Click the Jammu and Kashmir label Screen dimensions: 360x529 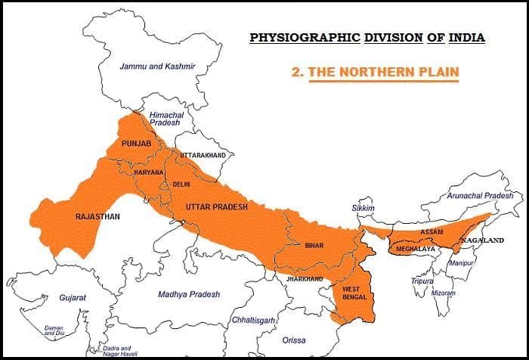tap(157, 67)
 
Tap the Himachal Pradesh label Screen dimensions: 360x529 tap(165, 117)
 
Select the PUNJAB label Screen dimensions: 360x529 tap(127, 144)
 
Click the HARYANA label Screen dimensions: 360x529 tap(149, 172)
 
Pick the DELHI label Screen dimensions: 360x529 tap(181, 184)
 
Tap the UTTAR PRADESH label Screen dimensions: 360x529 tap(216, 206)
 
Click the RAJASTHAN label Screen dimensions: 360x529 tap(97, 216)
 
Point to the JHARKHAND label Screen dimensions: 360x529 tap(305, 279)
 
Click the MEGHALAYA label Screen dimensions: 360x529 tap(416, 247)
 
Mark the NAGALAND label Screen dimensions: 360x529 tap(484, 240)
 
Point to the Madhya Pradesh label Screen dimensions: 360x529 tap(189, 294)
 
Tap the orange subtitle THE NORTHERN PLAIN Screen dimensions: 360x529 tap(383, 72)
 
